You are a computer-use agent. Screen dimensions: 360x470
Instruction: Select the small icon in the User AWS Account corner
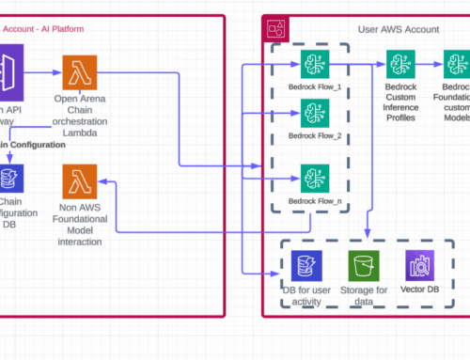pos(277,28)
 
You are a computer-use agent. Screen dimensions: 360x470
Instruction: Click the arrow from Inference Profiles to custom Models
pos(433,65)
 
